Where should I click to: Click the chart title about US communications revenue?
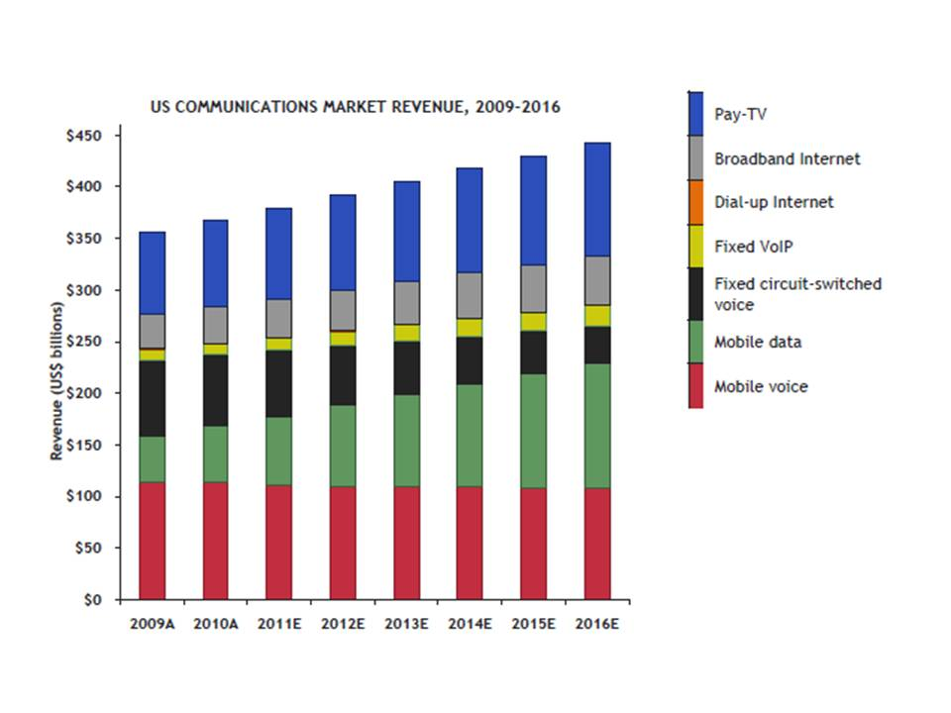[355, 106]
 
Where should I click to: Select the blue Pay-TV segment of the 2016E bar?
[597, 199]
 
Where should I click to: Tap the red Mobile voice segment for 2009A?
[152, 541]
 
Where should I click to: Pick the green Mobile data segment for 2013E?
[406, 441]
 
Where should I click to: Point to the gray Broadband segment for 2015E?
[534, 288]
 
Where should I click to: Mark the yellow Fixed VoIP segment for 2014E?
[470, 328]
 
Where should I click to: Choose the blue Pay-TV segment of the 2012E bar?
[343, 243]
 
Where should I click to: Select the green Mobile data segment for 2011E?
[278, 451]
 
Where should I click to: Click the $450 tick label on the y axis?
[94, 135]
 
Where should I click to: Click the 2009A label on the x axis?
[152, 625]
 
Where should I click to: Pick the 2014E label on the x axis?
[471, 625]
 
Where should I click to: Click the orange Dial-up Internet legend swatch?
[695, 202]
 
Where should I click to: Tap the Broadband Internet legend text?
[788, 158]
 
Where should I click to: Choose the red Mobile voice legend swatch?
[695, 386]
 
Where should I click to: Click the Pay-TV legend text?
[740, 115]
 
